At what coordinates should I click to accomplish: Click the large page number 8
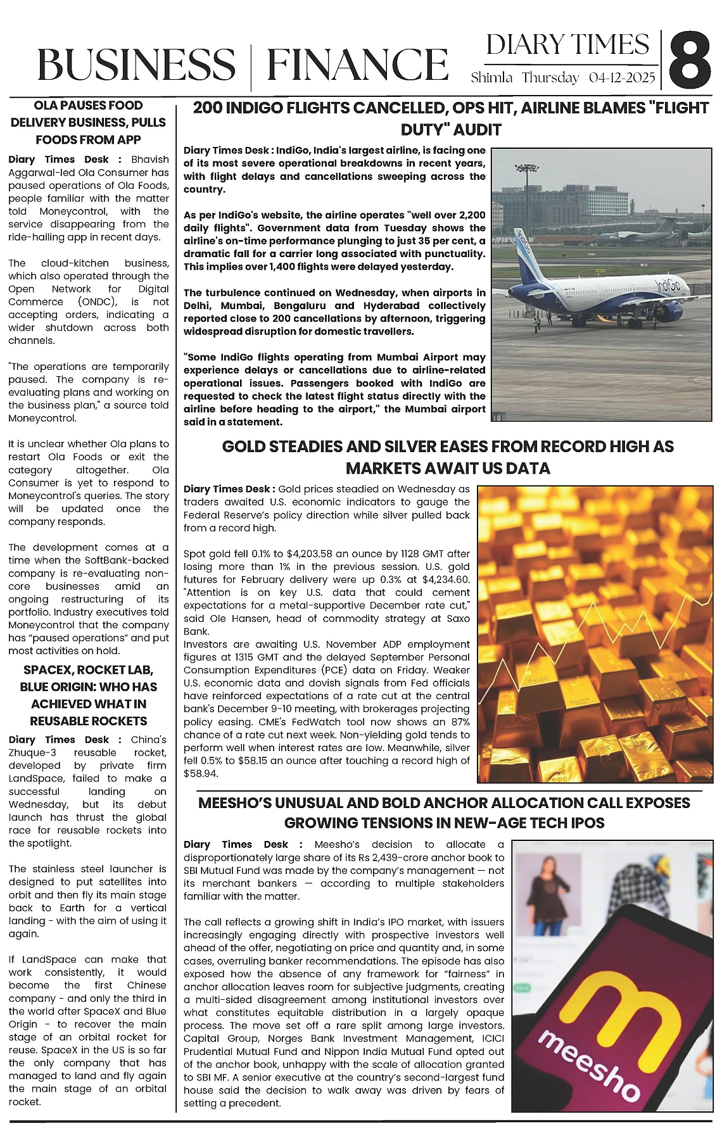click(690, 61)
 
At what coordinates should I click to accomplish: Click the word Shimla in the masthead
click(491, 78)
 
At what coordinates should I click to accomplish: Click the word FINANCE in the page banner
click(357, 65)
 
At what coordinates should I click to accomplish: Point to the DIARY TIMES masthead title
click(567, 45)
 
